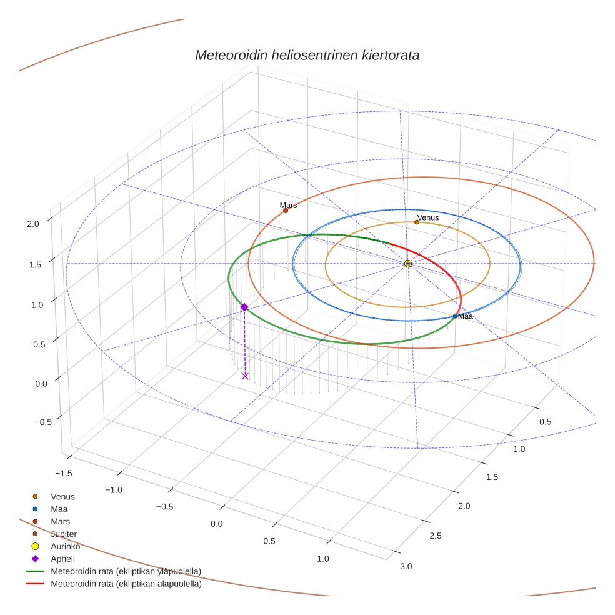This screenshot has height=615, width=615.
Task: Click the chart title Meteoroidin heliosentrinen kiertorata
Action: [x=307, y=55]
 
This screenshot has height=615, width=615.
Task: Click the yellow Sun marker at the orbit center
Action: [x=407, y=264]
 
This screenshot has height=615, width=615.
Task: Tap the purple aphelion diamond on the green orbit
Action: [x=244, y=307]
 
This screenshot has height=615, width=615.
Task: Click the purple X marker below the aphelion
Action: [x=245, y=376]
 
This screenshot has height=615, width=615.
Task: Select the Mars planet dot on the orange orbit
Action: [x=286, y=211]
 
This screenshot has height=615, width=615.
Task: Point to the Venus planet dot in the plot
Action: [x=417, y=222]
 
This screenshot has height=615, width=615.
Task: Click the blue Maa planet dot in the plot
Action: [x=455, y=316]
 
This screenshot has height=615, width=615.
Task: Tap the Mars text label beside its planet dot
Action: [x=288, y=205]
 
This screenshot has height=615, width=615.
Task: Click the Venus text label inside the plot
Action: [x=428, y=217]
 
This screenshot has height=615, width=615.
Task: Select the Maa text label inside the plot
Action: [x=465, y=317]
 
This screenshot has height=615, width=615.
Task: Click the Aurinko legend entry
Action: [x=65, y=546]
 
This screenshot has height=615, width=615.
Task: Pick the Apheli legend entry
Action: [x=62, y=559]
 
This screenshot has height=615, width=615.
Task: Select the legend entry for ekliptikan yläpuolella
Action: [x=126, y=571]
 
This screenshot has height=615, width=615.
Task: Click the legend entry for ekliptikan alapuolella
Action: [x=126, y=584]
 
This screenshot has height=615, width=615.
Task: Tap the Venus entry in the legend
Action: [x=62, y=497]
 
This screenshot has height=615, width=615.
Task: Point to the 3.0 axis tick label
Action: [x=406, y=566]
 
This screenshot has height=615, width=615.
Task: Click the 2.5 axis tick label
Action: [x=436, y=536]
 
